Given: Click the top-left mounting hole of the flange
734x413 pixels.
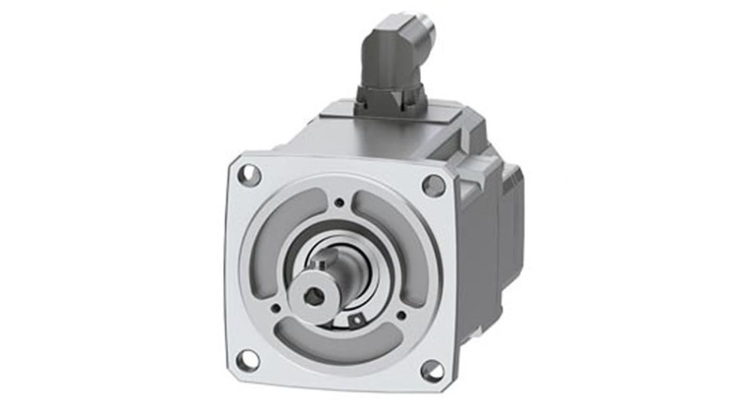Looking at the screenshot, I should (249, 174).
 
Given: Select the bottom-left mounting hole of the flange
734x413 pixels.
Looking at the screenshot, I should (248, 360).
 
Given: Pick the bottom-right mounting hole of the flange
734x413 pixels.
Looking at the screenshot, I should (432, 371).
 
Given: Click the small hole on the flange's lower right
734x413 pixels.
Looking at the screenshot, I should (401, 314).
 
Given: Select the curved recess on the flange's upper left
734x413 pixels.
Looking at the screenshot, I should (282, 228).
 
